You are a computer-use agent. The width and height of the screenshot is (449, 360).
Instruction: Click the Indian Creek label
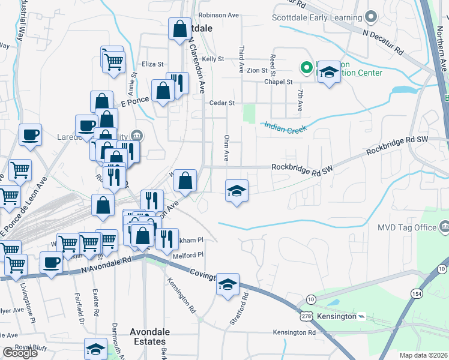(285, 127)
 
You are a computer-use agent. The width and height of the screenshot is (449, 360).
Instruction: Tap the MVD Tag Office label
(406, 227)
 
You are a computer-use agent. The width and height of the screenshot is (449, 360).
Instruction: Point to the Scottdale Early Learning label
(317, 17)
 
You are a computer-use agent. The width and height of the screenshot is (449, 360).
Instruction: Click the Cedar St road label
(221, 103)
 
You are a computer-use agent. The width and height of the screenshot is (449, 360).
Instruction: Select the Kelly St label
(212, 59)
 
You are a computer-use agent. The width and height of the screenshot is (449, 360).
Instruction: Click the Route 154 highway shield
(417, 293)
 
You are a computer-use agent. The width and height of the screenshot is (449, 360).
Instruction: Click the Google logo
(20, 353)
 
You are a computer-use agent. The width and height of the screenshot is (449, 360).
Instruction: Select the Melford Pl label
(188, 254)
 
